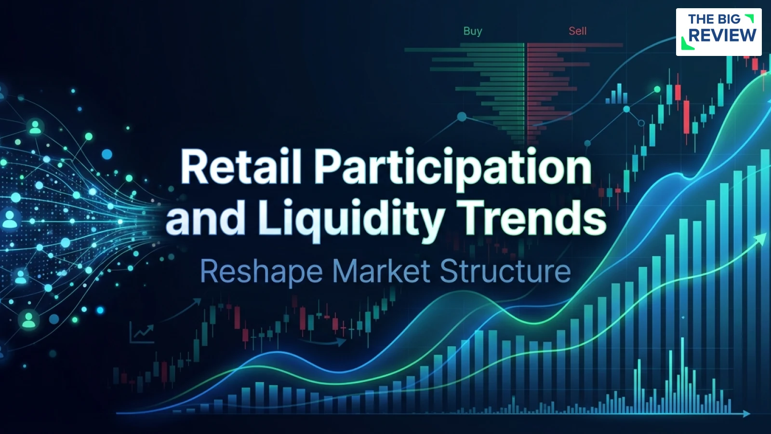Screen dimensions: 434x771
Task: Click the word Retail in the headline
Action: click(x=240, y=167)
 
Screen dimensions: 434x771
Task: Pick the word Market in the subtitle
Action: click(x=381, y=271)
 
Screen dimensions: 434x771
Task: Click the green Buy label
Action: click(x=473, y=31)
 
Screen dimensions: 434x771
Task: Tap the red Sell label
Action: click(x=577, y=31)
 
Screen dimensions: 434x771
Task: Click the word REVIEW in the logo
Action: click(x=722, y=35)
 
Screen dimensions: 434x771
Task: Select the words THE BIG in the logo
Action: click(x=714, y=19)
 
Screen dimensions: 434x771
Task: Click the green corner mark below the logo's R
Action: click(x=687, y=44)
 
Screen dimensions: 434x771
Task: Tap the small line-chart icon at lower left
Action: click(x=142, y=333)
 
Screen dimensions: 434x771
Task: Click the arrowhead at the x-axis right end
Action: click(x=746, y=413)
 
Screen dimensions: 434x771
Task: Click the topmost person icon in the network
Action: click(x=35, y=127)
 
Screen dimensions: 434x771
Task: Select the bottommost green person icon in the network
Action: click(x=29, y=319)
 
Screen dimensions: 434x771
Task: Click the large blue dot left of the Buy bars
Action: click(x=462, y=117)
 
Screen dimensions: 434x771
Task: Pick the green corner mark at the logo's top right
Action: click(x=749, y=18)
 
